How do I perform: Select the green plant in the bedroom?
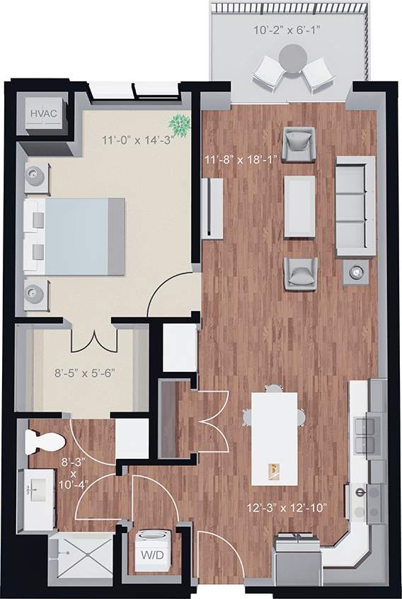181,126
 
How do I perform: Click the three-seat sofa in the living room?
355,206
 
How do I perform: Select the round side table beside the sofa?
356,271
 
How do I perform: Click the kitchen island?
274,438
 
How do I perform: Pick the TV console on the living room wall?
212,209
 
